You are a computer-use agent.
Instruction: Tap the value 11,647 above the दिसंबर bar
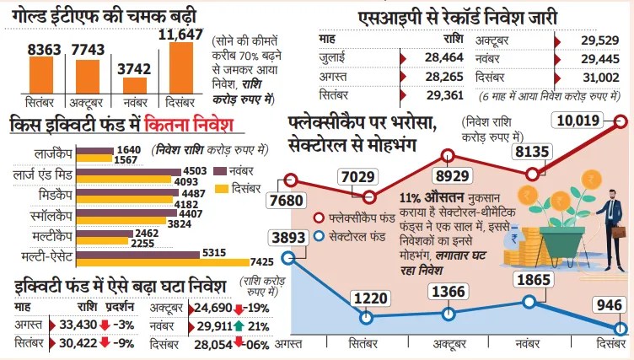click(181, 34)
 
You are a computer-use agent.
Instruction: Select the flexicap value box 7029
click(361, 175)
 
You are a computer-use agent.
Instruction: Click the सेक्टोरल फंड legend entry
click(363, 237)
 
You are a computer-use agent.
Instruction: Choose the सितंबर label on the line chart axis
click(368, 345)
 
